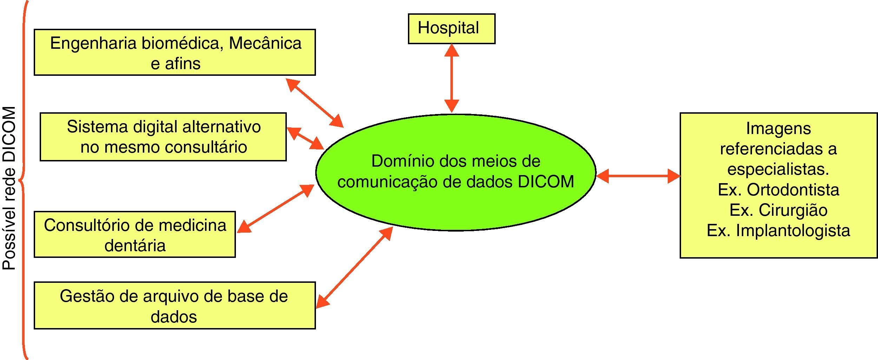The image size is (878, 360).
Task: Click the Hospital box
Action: [x=451, y=29]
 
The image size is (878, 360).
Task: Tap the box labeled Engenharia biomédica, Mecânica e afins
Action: [x=174, y=52]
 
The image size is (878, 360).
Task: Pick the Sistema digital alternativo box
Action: [x=163, y=137]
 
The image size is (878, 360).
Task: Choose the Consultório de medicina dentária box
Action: [x=134, y=234]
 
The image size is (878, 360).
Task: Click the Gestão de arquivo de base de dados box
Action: [x=174, y=305]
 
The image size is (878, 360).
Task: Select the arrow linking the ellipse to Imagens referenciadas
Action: [x=638, y=176]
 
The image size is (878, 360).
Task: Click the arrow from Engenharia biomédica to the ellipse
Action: [x=315, y=102]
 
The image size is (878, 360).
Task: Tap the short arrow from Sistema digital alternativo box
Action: [x=305, y=138]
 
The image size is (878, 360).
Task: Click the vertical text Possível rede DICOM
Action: [x=9, y=188]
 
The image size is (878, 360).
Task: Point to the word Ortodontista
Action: [x=793, y=190]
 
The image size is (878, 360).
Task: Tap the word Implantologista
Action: [x=793, y=231]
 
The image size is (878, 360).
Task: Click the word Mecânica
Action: [x=265, y=44]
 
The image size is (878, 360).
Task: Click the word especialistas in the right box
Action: [x=778, y=169]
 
